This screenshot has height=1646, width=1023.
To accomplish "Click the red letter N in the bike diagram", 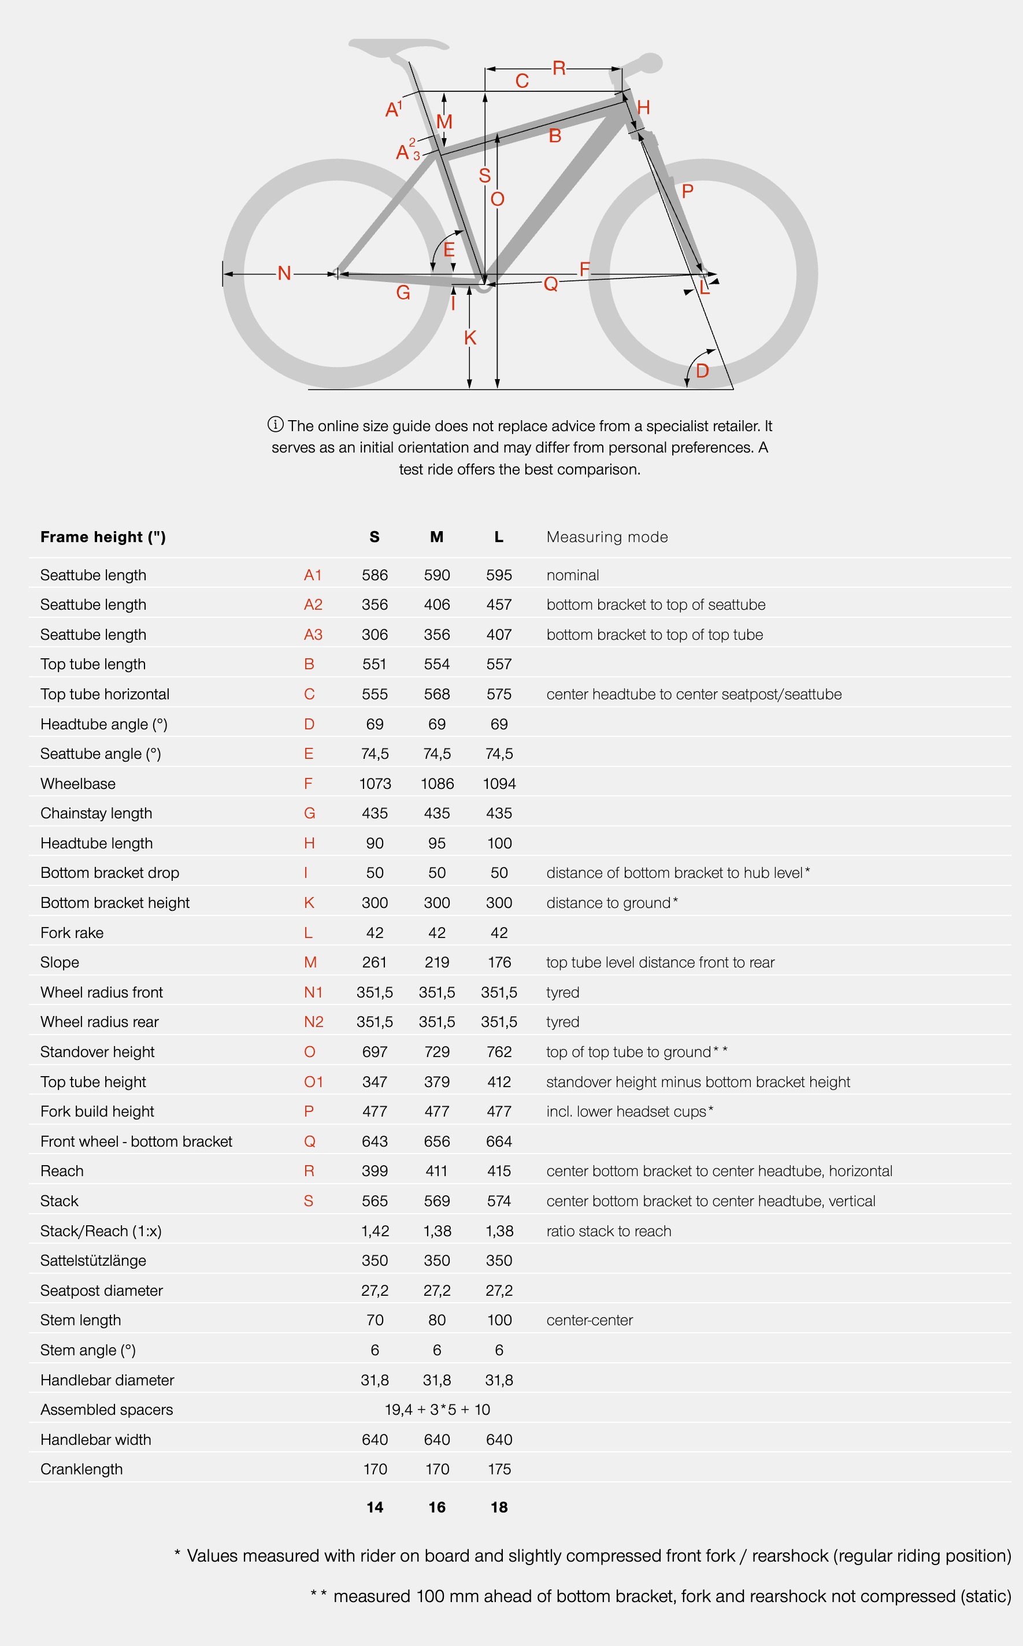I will point(284,273).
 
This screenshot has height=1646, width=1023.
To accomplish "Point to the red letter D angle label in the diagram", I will point(702,370).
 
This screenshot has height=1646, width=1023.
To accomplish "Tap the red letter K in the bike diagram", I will point(470,338).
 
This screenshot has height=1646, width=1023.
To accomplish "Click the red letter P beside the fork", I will point(687,191).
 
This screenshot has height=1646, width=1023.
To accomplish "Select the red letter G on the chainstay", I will point(403,293).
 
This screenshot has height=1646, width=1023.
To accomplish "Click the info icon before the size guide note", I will point(275,425).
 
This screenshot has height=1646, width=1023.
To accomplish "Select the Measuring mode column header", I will point(607,537).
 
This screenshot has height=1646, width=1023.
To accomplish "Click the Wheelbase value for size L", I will point(499,784).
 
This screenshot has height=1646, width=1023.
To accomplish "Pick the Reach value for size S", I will point(375,1171).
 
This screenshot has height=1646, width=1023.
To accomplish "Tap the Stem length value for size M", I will point(437,1320).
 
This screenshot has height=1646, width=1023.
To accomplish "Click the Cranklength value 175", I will point(499,1469).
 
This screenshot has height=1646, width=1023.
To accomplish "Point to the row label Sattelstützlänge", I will point(94,1261).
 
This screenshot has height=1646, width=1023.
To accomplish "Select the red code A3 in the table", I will point(313,635).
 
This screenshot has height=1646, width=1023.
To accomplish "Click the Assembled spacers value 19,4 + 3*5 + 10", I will point(437,1409).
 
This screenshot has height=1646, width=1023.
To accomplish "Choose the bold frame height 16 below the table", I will point(437,1507).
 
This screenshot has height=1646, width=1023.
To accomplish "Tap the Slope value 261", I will point(375,962).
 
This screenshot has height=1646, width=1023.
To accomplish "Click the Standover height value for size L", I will point(499,1052).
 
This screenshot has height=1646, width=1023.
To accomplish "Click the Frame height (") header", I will point(103,537).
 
